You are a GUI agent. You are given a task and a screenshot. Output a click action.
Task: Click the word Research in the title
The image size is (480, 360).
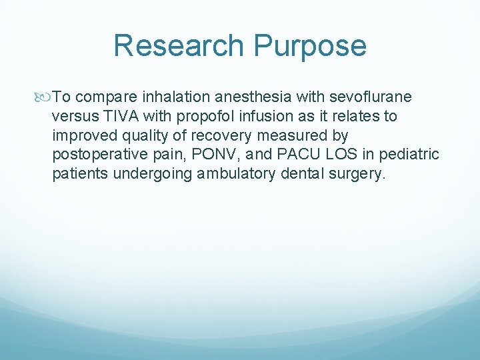tap(178, 46)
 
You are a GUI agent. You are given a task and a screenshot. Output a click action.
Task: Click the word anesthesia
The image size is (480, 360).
tap(257, 97)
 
